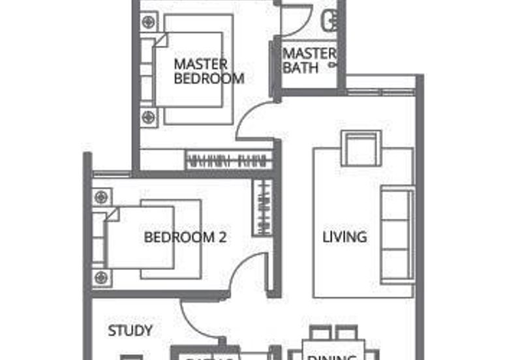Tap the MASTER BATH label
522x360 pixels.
[309, 59]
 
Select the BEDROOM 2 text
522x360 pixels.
[185, 237]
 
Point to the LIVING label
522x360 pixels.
[345, 236]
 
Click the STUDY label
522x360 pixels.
[130, 331]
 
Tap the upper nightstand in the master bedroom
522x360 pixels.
[149, 22]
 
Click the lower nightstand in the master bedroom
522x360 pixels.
[149, 117]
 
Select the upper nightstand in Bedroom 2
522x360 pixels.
[100, 196]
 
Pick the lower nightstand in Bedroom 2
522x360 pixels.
[100, 278]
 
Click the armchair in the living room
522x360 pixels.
[361, 148]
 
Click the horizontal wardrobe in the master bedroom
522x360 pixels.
[229, 160]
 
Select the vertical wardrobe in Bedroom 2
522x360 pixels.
[262, 207]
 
